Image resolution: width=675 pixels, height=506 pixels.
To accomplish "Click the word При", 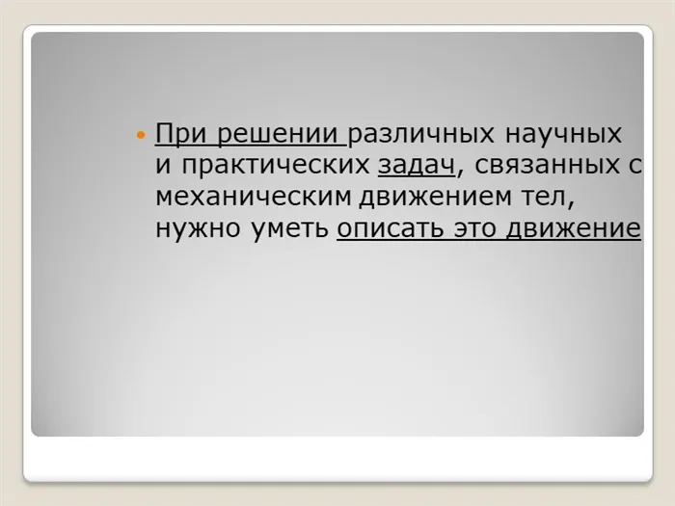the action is pyautogui.click(x=182, y=134).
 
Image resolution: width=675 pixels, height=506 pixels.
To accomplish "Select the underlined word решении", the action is pyautogui.click(x=278, y=134).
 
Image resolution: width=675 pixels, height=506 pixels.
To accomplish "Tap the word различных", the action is pyautogui.click(x=421, y=134).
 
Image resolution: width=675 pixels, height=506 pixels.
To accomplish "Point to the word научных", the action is pyautogui.click(x=563, y=134).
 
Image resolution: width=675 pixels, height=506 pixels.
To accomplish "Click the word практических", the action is pyautogui.click(x=276, y=165).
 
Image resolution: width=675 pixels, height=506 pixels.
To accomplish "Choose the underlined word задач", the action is pyautogui.click(x=417, y=165).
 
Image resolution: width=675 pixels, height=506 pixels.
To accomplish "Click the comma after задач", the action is pyautogui.click(x=460, y=173).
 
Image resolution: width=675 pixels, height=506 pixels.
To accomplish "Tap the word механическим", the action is pyautogui.click(x=254, y=197).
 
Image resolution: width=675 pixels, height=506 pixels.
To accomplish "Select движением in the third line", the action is pyautogui.click(x=435, y=198).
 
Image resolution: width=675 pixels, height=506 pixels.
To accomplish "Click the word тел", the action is pyautogui.click(x=542, y=197).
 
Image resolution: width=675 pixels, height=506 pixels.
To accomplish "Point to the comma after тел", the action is pyautogui.click(x=571, y=204).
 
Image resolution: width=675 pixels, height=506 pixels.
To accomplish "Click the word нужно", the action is pyautogui.click(x=198, y=228).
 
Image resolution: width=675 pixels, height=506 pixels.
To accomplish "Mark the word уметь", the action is pyautogui.click(x=289, y=228).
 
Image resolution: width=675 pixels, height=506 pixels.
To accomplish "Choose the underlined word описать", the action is pyautogui.click(x=390, y=228).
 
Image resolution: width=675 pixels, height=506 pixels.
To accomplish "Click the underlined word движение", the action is pyautogui.click(x=574, y=229).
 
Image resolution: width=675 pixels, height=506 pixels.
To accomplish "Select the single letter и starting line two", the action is pyautogui.click(x=163, y=166).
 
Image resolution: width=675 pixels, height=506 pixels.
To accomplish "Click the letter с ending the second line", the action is pyautogui.click(x=635, y=166).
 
